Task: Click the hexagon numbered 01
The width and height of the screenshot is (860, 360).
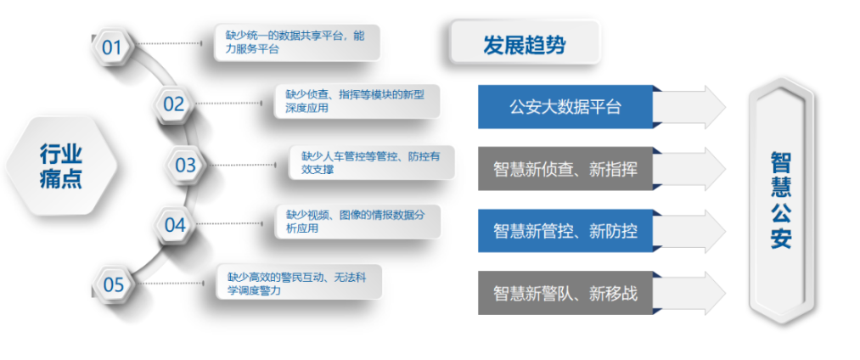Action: (x=112, y=48)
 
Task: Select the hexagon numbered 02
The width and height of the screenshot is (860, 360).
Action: (x=173, y=104)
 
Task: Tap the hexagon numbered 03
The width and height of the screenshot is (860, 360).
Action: (x=185, y=165)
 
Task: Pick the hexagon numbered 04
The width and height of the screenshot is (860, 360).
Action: (x=174, y=224)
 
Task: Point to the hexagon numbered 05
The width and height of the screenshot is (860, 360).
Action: (x=114, y=284)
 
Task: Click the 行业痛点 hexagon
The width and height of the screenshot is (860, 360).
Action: (x=61, y=166)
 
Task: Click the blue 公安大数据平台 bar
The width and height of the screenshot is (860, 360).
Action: (x=565, y=107)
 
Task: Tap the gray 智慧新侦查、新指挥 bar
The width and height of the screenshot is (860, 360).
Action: (x=565, y=169)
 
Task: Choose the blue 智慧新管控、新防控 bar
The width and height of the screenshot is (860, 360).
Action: (x=565, y=231)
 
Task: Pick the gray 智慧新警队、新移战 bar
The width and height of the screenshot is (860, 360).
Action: (x=565, y=293)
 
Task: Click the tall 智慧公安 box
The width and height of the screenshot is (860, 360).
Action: (x=781, y=201)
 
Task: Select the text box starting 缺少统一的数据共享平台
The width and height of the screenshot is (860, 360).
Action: (x=297, y=42)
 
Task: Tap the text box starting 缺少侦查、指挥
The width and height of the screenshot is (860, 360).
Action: (x=357, y=101)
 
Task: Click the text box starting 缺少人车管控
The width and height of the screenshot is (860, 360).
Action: (x=372, y=162)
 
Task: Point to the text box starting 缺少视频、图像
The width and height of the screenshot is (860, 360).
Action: (x=358, y=222)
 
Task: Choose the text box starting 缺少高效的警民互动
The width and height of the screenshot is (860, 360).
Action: (x=299, y=282)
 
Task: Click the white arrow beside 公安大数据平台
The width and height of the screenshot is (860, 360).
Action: (x=690, y=107)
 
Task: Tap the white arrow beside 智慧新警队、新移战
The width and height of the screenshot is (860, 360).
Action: (x=690, y=293)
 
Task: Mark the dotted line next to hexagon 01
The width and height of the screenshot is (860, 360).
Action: (x=168, y=42)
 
